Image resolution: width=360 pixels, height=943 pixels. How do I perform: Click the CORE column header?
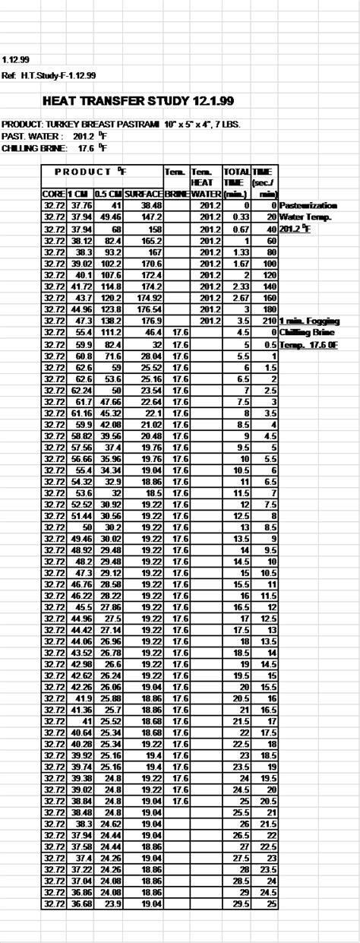coord(54,195)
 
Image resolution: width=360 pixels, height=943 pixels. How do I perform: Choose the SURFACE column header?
coord(144,195)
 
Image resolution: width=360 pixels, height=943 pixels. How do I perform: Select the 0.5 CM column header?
coord(109,195)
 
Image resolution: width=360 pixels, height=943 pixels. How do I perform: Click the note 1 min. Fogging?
coord(308,321)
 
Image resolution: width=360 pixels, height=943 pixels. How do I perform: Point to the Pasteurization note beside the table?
coord(308,205)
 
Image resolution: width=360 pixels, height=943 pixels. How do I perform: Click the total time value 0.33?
coord(240,217)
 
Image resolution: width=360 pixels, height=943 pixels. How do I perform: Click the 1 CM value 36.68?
coord(80,903)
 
